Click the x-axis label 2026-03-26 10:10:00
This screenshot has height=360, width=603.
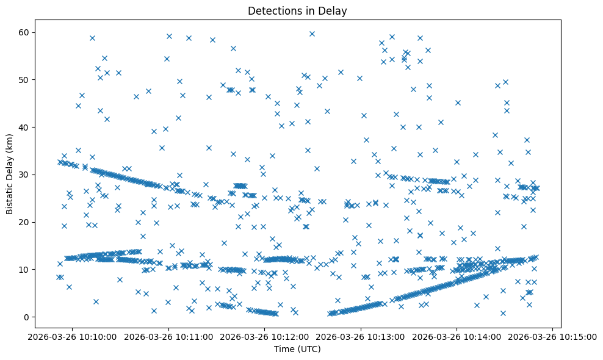coord(73,336)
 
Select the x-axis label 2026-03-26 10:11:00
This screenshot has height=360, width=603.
coord(169,336)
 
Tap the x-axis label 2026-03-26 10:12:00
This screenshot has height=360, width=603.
coord(265,336)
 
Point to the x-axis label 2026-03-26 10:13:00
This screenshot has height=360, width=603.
coord(361,336)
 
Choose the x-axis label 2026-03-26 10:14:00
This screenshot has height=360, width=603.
coord(457,336)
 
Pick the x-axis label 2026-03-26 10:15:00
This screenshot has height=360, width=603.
coord(553,336)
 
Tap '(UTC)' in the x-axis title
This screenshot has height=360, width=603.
coord(309,349)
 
